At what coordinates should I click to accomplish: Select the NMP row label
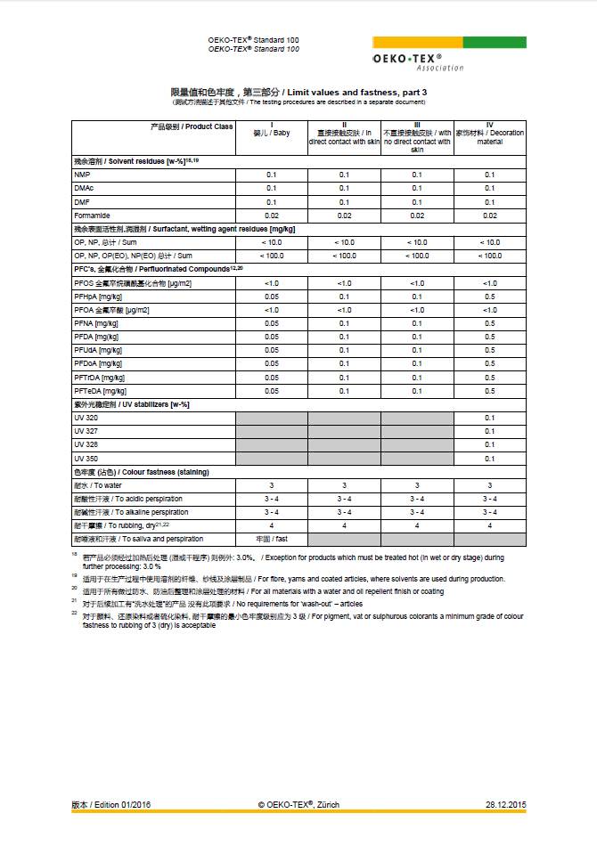82,175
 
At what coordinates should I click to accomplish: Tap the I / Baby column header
272,133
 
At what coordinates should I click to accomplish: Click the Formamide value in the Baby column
272,216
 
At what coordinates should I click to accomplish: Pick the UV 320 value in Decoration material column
489,418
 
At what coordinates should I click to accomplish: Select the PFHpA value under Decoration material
489,297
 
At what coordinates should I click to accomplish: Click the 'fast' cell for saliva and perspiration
272,539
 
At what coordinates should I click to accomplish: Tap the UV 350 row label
86,458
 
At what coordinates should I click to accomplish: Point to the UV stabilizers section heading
130,404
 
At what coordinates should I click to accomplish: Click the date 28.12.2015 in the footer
505,805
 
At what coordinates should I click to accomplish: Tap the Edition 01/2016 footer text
111,805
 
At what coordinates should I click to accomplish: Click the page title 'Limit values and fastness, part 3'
298,92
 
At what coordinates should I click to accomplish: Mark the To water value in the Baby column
272,485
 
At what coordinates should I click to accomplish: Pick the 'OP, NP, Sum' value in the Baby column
272,242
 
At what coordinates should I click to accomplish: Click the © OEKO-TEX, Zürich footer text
298,805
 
